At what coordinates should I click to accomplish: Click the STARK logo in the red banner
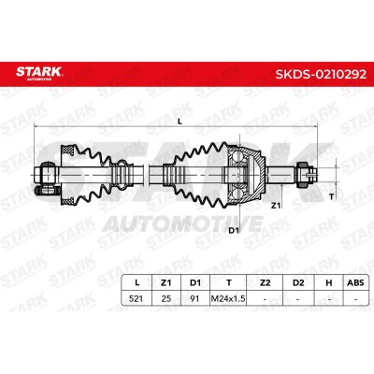pos(39,73)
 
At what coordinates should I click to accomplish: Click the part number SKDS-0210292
pos(321,74)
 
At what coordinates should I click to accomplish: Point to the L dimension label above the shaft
pos(180,122)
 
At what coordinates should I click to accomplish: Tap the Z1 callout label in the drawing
pos(276,206)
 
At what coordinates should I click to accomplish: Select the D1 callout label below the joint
pos(234,230)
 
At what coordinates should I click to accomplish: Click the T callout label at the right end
pos(332,196)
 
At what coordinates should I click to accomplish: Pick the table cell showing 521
pos(136,298)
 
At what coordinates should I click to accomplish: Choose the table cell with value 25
pos(166,298)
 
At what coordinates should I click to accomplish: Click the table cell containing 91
pos(194,298)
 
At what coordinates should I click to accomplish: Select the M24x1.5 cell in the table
pos(228,298)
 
